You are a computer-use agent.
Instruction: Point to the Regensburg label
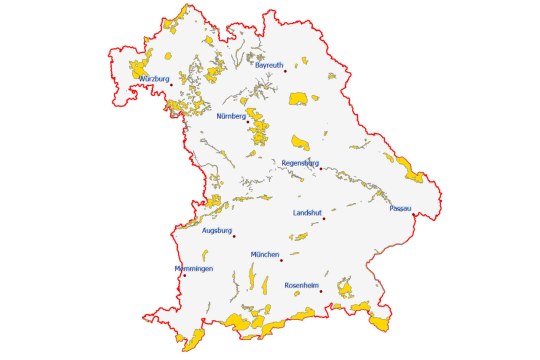point(300,162)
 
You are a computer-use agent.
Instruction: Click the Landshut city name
point(307,213)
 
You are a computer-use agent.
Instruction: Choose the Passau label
point(401,208)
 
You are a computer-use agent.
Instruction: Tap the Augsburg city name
point(217,230)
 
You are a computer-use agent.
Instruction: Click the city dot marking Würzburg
point(171,84)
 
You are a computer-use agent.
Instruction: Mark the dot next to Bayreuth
point(285,71)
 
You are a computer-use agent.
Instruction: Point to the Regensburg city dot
point(319,168)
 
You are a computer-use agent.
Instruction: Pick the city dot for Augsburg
point(234,236)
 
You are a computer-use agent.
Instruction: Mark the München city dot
point(282,261)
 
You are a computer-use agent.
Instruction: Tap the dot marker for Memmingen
point(183,275)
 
